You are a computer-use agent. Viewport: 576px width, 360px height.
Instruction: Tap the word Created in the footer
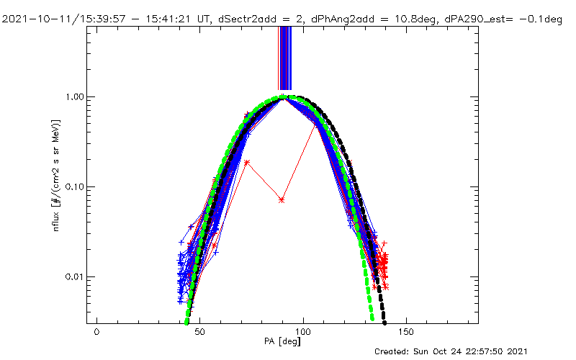coord(394,351)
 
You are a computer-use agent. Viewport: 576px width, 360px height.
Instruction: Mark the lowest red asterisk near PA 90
coord(282,199)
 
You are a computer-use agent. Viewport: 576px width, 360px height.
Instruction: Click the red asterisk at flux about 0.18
coord(247,162)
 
